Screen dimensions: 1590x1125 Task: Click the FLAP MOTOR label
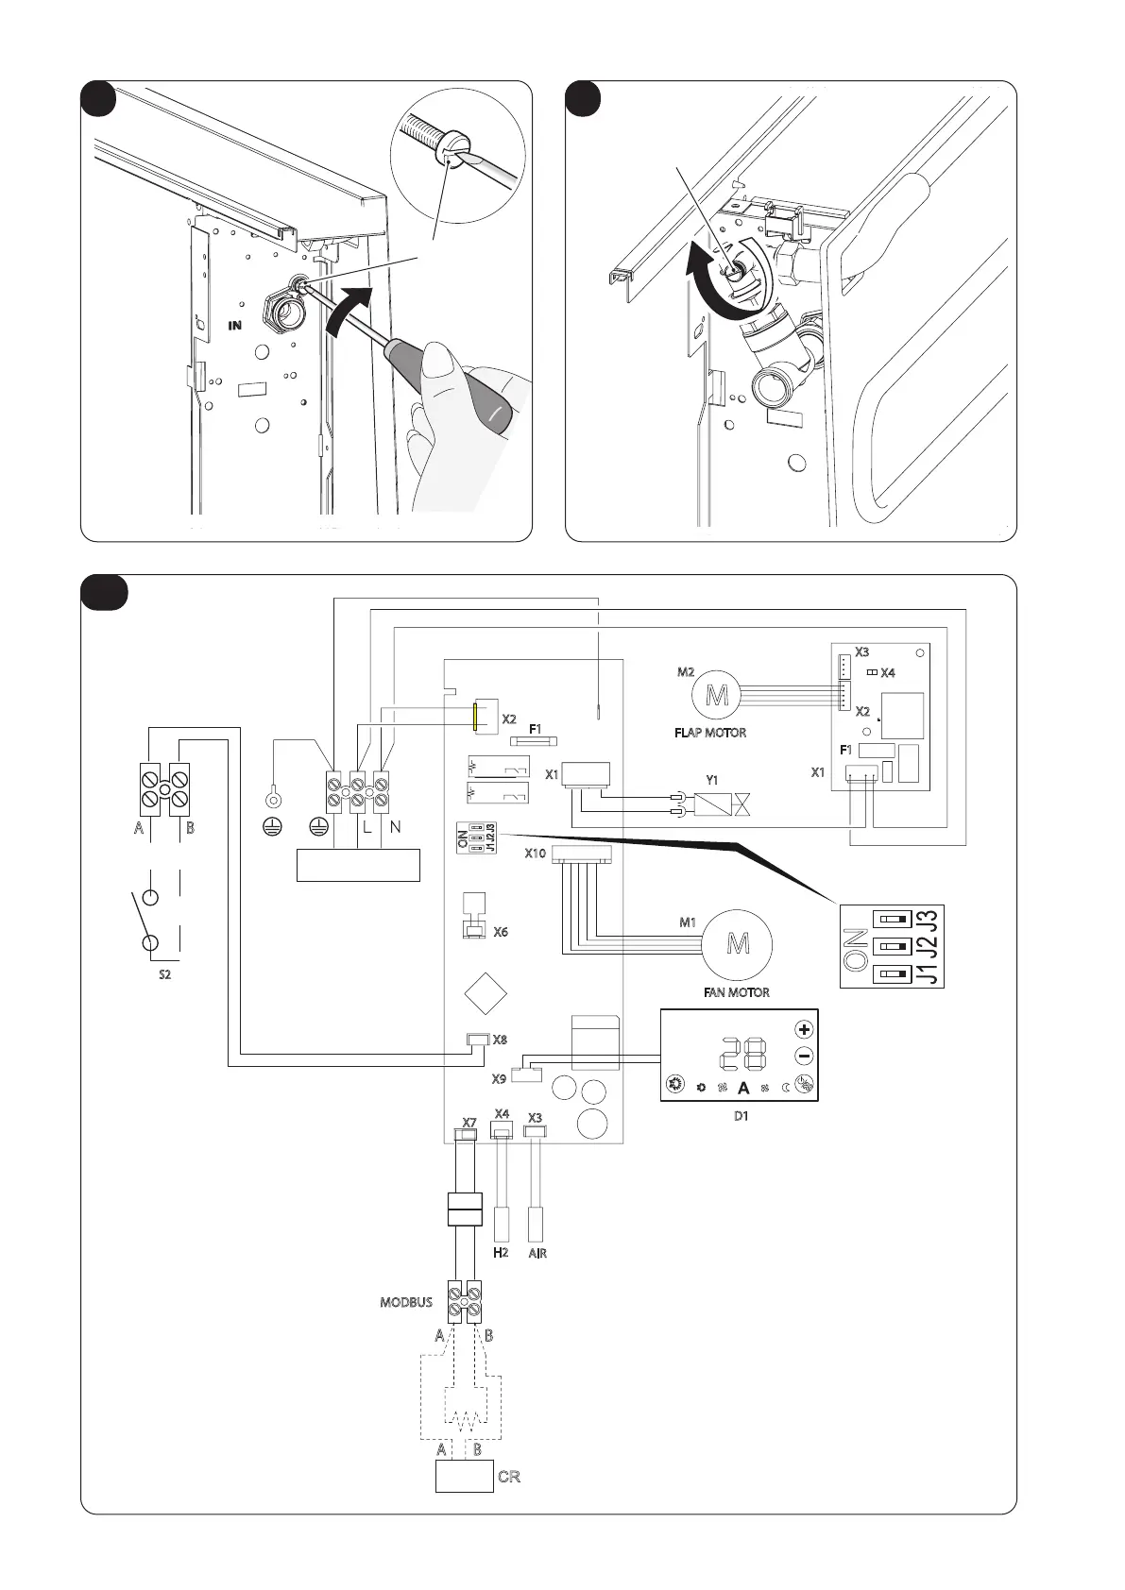click(709, 733)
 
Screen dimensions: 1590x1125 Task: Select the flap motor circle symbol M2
click(717, 698)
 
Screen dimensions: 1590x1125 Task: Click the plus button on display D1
click(804, 1029)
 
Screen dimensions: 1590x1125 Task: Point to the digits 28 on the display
click(741, 1056)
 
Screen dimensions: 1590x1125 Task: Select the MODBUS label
click(406, 1302)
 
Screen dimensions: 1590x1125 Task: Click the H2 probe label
click(501, 1253)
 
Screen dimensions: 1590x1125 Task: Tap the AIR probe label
click(537, 1253)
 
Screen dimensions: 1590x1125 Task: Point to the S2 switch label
click(164, 974)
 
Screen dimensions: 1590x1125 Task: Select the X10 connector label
click(536, 854)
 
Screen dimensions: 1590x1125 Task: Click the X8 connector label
click(500, 1040)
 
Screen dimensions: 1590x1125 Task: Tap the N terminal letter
click(395, 827)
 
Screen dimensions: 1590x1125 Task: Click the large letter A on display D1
click(743, 1088)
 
